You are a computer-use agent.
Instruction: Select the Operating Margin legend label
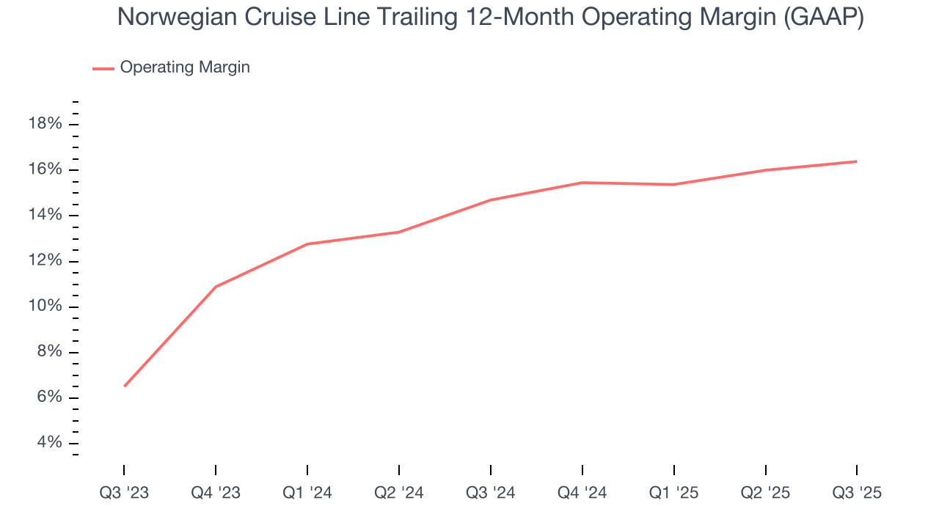pos(185,67)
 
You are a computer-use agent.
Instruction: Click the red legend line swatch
pos(103,68)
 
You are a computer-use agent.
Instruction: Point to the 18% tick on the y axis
pos(44,124)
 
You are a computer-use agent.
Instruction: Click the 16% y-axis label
pos(44,169)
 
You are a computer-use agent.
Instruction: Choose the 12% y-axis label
pos(44,261)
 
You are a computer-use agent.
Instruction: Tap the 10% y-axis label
pos(44,307)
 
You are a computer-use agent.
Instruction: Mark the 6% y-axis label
pos(48,398)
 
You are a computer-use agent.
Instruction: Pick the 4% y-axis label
pos(48,444)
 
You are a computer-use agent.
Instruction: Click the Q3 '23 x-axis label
pos(124,494)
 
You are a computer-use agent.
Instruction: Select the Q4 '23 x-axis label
pos(216,494)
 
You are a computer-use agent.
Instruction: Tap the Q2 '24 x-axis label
pos(399,494)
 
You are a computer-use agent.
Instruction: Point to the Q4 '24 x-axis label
pos(582,494)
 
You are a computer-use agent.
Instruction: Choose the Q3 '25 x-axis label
pos(857,494)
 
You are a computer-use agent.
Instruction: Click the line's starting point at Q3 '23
pos(124,386)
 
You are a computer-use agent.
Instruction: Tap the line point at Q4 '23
pos(216,287)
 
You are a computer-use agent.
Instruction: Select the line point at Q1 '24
pos(307,243)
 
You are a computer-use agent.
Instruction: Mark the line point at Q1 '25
pos(673,184)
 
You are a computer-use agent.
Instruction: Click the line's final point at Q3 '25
pos(857,161)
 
